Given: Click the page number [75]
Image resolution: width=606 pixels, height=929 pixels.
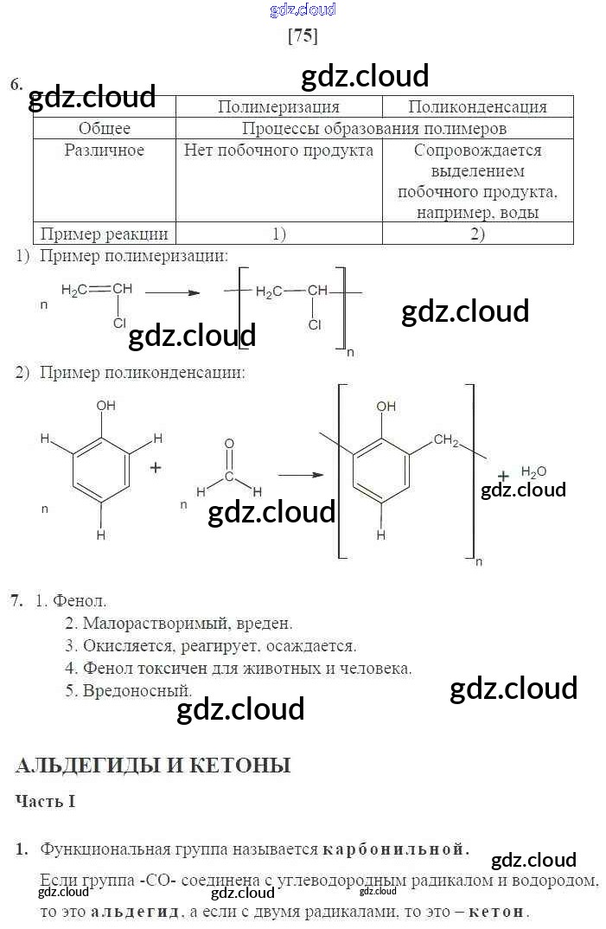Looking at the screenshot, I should click(x=303, y=36).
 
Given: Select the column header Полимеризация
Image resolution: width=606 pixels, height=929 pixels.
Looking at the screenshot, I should click(x=278, y=107).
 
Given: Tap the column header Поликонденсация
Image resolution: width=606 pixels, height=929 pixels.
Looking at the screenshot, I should click(x=477, y=107).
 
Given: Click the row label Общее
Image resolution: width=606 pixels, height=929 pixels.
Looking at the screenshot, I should click(x=105, y=129).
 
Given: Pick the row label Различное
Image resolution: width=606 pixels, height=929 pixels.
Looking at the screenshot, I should click(x=105, y=151).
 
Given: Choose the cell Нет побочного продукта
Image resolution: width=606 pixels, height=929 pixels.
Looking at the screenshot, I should click(x=278, y=151).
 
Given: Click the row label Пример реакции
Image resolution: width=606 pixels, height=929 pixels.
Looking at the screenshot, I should click(x=105, y=234).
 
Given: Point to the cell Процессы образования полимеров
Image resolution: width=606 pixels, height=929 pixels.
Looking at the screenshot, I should click(x=373, y=129).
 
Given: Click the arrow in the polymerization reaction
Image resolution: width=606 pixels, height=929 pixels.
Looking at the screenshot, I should click(x=173, y=292).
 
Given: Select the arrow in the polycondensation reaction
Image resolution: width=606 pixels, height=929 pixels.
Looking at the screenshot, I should click(x=299, y=474).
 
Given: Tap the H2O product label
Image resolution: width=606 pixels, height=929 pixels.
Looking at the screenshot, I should click(x=533, y=471).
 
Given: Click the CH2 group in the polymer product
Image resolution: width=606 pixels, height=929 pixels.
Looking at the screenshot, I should click(x=446, y=440).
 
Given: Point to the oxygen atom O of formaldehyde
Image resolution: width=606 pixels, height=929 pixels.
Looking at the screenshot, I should click(x=229, y=444).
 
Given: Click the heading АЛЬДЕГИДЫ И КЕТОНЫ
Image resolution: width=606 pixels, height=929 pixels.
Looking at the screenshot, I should click(x=153, y=766).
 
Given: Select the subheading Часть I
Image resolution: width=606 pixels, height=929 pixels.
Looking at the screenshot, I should click(x=46, y=802).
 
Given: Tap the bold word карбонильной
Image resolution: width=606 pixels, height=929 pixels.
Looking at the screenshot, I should click(x=396, y=849).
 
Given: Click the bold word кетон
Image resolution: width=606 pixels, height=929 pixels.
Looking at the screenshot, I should click(x=499, y=912).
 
